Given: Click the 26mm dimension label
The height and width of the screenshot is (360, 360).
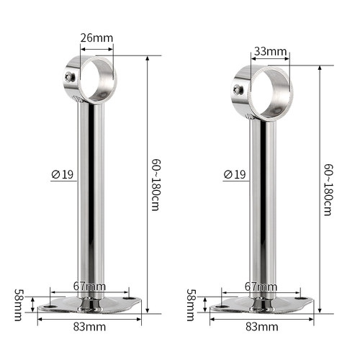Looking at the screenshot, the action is tap(96, 38).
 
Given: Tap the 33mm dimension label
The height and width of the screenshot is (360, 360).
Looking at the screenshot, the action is tap(271, 51).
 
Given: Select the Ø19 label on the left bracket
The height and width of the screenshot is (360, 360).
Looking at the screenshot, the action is tap(63, 174).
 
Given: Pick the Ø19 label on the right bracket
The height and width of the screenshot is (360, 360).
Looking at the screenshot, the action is tap(235, 174).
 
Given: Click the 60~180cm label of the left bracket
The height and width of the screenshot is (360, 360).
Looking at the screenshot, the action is tap(156, 185).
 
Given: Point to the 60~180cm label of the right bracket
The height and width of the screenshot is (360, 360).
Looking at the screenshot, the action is tap(328, 190).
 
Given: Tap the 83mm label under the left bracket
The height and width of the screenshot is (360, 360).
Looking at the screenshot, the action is tap(89, 327).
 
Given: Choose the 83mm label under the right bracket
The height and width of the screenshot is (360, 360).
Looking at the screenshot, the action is tap(262, 327).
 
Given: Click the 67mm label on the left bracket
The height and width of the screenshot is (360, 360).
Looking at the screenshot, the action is tap(89, 287).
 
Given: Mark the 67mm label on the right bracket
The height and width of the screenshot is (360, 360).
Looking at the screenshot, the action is tap(261, 287).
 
